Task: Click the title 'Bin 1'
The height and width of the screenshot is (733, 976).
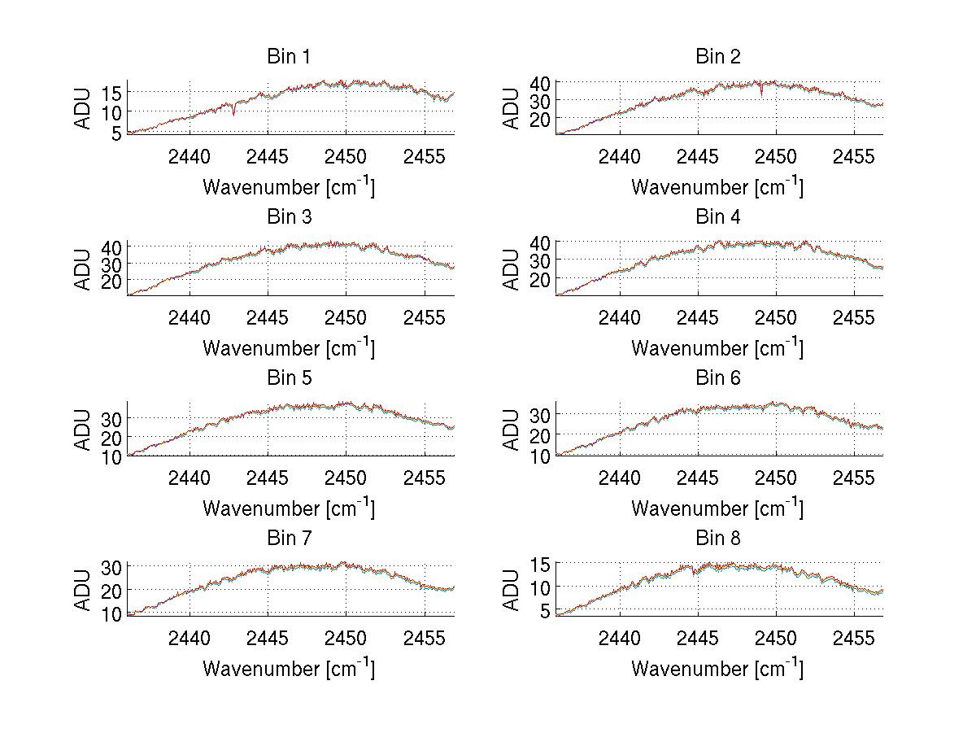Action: point(289,57)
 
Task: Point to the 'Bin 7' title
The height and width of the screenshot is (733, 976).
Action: point(289,538)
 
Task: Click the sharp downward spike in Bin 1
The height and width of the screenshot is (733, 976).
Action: point(234,113)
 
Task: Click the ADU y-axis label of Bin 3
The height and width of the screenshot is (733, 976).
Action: point(84,268)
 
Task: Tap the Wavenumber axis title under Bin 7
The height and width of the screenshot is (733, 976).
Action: point(289,669)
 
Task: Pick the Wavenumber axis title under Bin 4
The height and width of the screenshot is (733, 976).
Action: point(717,347)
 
